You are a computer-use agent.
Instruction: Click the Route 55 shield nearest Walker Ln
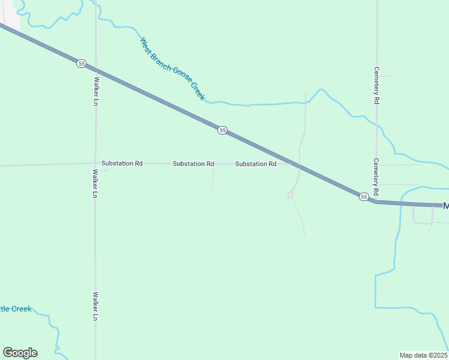[82, 63]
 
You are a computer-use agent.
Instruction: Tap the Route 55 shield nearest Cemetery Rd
[363, 196]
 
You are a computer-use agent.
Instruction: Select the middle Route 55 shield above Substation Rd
[222, 130]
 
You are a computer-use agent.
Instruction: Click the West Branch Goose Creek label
[172, 69]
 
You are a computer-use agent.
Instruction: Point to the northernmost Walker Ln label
[95, 91]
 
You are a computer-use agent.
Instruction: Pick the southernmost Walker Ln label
[95, 306]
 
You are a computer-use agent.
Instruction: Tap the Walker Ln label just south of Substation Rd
[95, 184]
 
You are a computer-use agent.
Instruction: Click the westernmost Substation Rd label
[122, 163]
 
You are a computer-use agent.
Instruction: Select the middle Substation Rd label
[193, 163]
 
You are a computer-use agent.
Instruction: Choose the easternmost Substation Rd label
[256, 163]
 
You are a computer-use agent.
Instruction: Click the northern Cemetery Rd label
[376, 85]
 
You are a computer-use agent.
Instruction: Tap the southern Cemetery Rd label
[376, 177]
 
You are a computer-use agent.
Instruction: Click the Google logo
[20, 353]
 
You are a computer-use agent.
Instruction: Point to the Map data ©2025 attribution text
[424, 355]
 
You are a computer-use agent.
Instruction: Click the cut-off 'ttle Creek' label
[16, 308]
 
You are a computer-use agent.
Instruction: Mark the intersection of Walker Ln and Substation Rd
[95, 163]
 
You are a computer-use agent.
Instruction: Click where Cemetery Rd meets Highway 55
[376, 202]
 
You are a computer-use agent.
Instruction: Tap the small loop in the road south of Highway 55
[290, 194]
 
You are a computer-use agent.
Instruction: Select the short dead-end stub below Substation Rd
[212, 178]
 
